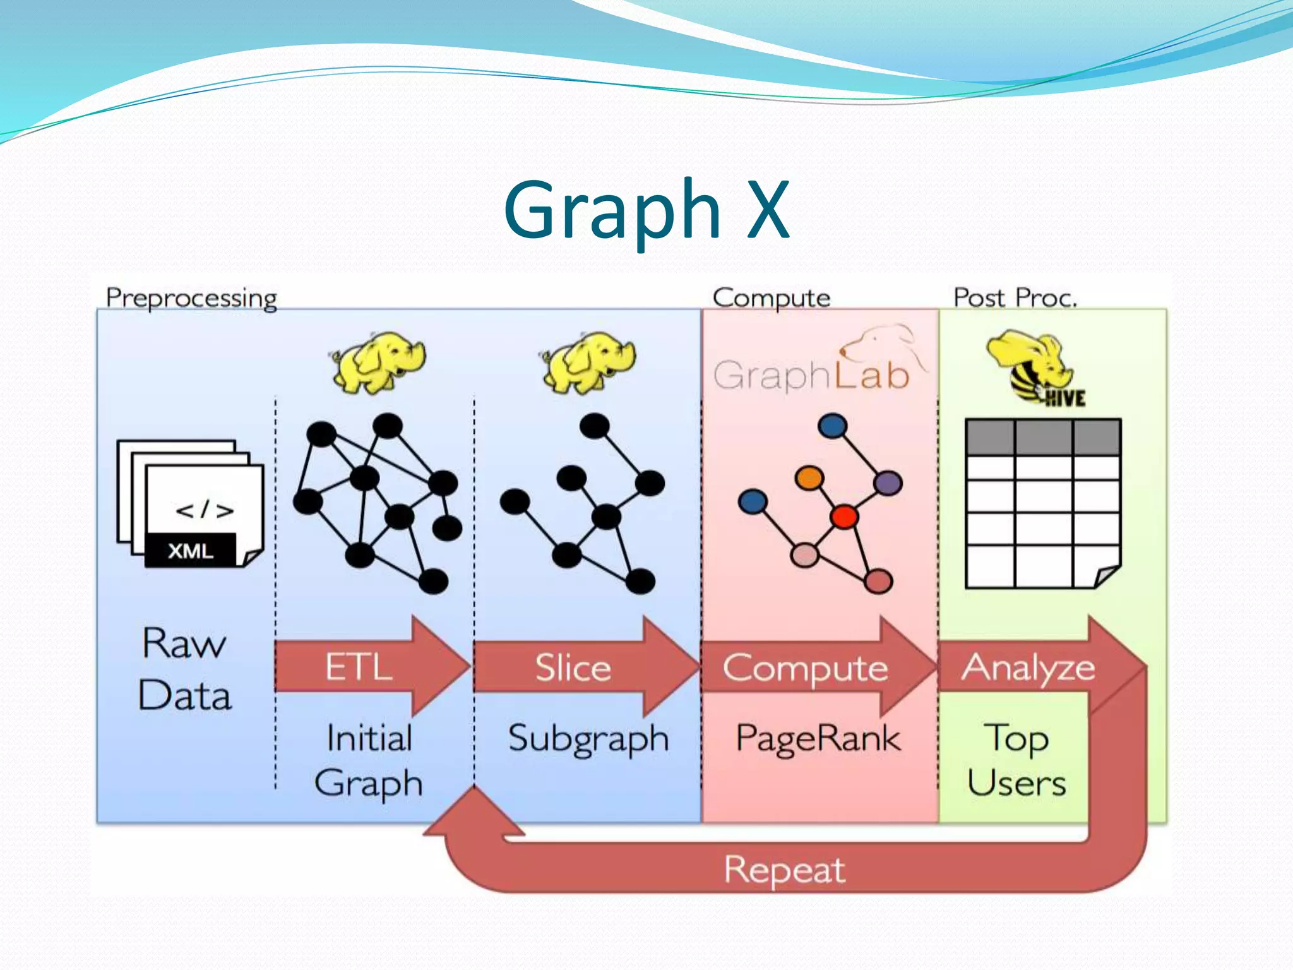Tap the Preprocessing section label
(191, 298)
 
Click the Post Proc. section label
(1015, 297)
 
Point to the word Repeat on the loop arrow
(784, 870)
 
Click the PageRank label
(818, 738)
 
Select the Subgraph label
(588, 738)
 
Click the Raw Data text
(184, 669)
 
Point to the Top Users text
(1016, 760)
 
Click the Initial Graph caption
(369, 760)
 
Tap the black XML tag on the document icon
(191, 551)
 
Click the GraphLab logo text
(812, 375)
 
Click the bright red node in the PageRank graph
(844, 517)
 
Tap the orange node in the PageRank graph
(809, 477)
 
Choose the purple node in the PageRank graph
(888, 483)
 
